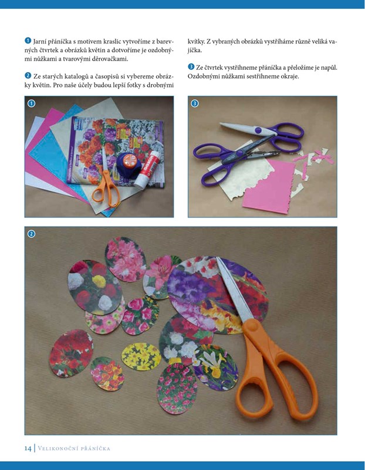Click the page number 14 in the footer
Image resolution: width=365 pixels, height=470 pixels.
click(x=28, y=448)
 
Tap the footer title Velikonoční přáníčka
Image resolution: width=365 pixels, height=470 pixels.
click(x=75, y=449)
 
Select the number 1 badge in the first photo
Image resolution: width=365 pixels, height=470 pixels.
click(x=31, y=103)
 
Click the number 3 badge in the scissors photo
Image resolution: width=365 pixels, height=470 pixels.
click(x=195, y=103)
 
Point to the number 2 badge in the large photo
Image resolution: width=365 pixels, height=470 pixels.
click(x=31, y=233)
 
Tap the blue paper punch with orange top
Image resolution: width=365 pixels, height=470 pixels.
click(x=127, y=164)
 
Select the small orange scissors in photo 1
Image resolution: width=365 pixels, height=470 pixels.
click(x=106, y=181)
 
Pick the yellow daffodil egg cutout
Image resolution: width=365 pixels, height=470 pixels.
click(x=141, y=357)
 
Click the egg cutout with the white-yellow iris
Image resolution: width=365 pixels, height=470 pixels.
click(x=215, y=368)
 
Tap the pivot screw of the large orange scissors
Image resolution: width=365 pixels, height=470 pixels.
click(x=252, y=325)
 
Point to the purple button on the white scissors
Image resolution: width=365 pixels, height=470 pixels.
click(x=258, y=130)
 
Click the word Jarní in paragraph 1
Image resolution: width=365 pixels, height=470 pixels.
click(x=39, y=41)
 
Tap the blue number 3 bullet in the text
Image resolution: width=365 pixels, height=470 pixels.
click(x=191, y=67)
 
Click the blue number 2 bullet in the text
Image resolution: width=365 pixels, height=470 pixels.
click(x=28, y=76)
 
